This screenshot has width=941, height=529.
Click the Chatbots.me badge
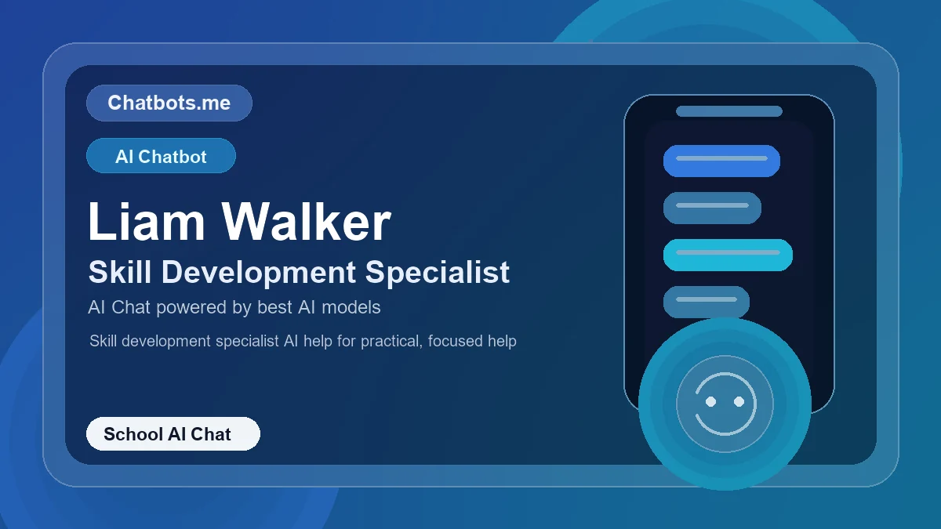169,103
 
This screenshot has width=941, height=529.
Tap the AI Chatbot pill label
161,156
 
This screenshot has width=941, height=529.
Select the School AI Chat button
173,434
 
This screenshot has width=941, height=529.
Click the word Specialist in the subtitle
438,272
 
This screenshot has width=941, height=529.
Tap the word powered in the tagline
191,307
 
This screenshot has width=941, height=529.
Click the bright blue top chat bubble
721,161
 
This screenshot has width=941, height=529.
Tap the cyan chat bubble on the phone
728,255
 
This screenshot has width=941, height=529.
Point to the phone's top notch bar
729,111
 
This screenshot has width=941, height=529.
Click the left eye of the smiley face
711,401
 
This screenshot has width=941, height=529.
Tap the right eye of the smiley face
739,401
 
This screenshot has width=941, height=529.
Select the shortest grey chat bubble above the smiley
707,301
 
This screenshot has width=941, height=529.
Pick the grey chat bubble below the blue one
712,208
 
